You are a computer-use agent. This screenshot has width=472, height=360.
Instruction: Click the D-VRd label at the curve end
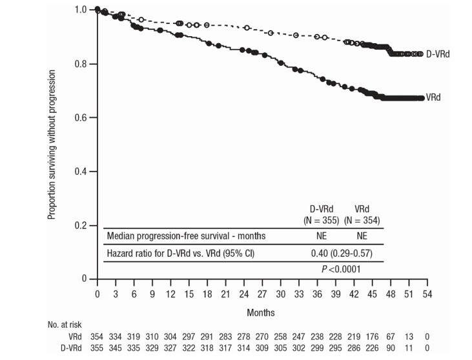[x=437, y=54]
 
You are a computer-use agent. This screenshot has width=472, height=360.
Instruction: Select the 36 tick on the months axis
[x=317, y=293]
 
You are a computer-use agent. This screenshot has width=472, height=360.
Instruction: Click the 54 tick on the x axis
[x=427, y=293]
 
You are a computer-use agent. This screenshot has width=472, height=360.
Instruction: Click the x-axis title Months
[x=261, y=312]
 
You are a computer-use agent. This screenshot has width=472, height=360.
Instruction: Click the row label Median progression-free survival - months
[x=186, y=236]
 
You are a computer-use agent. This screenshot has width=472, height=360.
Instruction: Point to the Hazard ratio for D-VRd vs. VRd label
[x=181, y=253]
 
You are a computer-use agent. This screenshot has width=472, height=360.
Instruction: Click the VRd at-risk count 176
[x=372, y=337]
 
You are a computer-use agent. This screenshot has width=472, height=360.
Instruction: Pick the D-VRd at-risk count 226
[x=372, y=348]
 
